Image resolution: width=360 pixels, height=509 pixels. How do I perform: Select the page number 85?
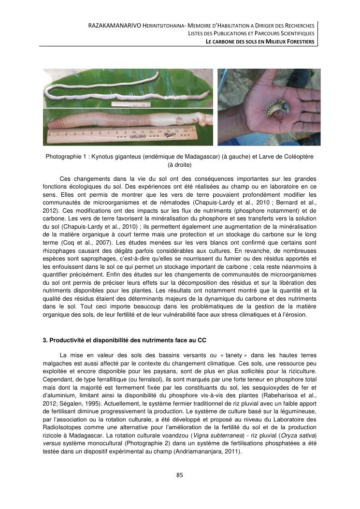(180, 475)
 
